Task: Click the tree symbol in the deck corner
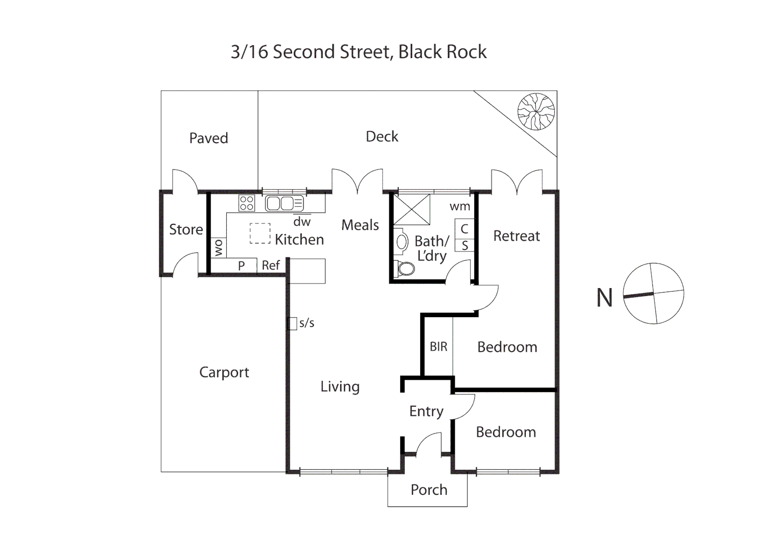point(536,111)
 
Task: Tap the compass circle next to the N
point(653,294)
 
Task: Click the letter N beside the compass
point(604,298)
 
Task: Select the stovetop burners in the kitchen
point(247,203)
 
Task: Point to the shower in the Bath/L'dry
point(412,209)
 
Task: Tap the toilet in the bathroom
point(405,269)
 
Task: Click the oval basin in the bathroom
point(402,242)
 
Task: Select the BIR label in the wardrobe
point(438,347)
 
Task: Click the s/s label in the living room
point(307,323)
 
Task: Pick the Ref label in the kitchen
point(271,265)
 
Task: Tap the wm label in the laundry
point(460,206)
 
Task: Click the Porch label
point(429,490)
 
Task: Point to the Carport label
point(224,372)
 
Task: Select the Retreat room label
point(516,236)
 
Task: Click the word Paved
point(209,138)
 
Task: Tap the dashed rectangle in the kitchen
point(260,233)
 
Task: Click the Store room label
point(186,229)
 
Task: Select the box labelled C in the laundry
point(464,228)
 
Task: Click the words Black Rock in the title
point(442,52)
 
